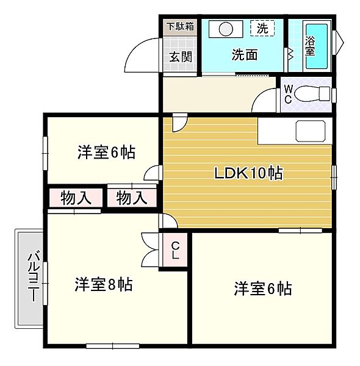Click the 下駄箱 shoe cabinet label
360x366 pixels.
pyautogui.click(x=180, y=27)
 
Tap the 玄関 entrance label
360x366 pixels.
pyautogui.click(x=181, y=57)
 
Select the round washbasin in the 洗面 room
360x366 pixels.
pyautogui.click(x=226, y=29)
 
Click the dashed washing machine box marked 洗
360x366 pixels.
pyautogui.click(x=262, y=28)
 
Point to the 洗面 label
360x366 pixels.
pyautogui.click(x=245, y=54)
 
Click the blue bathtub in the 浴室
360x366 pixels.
pyautogui.click(x=317, y=46)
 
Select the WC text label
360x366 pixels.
pyautogui.click(x=289, y=94)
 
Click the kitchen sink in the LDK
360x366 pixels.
pyautogui.click(x=311, y=131)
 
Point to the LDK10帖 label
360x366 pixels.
pyautogui.click(x=248, y=173)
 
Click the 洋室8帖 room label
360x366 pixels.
pyautogui.click(x=104, y=284)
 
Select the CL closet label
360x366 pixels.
pyautogui.click(x=175, y=251)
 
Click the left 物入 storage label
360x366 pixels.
pyautogui.click(x=76, y=198)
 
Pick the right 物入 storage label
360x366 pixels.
pyautogui.click(x=132, y=198)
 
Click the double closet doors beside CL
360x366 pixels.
pyautogui.click(x=150, y=249)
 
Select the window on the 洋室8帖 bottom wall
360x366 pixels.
pyautogui.click(x=113, y=346)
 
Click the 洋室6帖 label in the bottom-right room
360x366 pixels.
pyautogui.click(x=263, y=289)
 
